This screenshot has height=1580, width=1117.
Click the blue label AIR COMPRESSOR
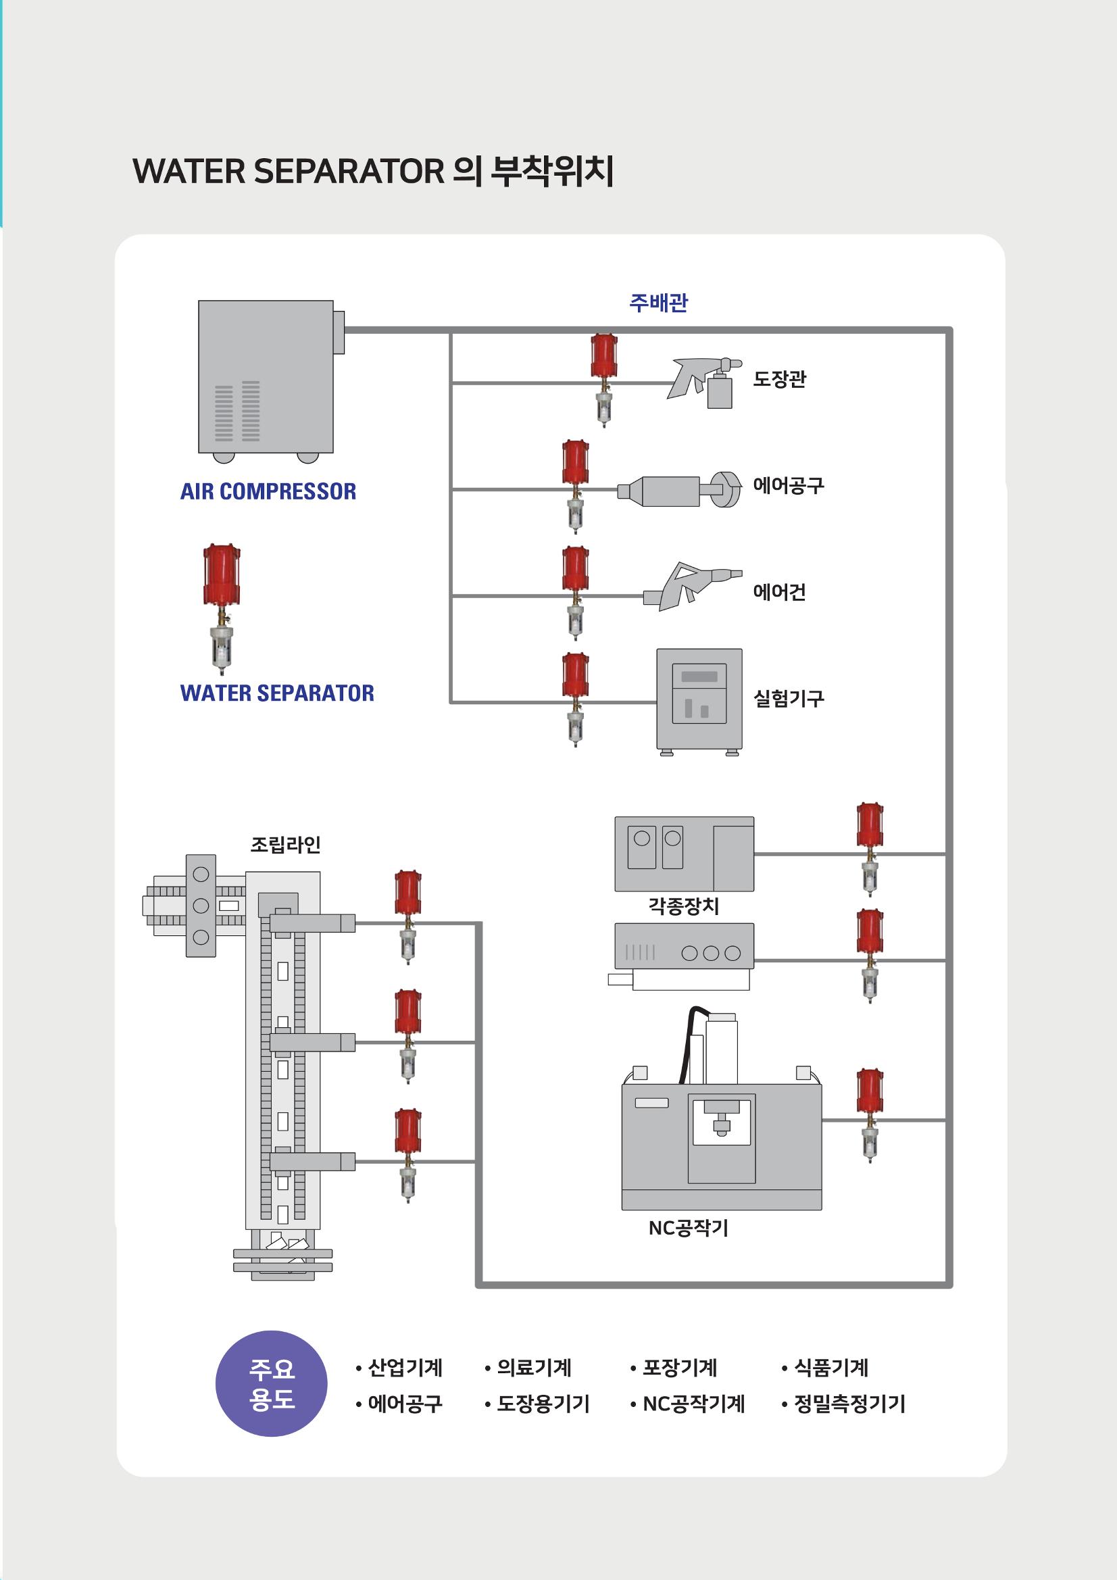[x=268, y=491]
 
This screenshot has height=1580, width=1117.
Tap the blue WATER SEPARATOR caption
[x=277, y=693]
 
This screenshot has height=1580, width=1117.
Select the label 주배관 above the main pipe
[x=659, y=303]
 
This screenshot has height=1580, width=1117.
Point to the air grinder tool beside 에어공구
[x=680, y=490]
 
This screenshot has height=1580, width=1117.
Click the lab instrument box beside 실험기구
[x=699, y=702]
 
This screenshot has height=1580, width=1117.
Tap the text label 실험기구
[x=789, y=699]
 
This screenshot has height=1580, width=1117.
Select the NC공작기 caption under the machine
[x=688, y=1228]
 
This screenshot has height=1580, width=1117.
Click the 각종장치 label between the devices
[x=683, y=906]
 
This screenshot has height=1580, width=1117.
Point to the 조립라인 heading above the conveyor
[x=286, y=844]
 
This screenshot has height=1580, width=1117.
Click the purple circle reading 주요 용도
[x=272, y=1384]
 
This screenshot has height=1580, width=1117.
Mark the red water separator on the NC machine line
[x=870, y=1116]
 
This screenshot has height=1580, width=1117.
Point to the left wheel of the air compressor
[x=223, y=457]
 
